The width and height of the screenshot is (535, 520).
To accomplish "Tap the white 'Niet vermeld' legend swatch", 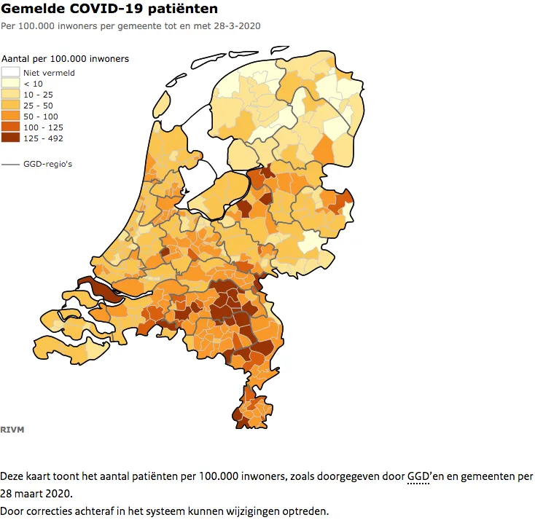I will tap(10, 72).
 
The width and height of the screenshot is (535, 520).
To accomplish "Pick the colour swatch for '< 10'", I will tap(10, 83).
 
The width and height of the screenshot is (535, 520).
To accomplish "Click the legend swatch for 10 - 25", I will tap(10, 94).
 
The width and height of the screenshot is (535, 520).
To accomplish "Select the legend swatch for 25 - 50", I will tap(10, 105).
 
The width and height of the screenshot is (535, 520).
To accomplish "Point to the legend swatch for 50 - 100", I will tap(10, 116).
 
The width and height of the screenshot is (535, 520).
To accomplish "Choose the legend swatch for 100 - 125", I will tap(10, 127).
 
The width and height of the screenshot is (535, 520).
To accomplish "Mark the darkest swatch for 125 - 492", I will tap(10, 138).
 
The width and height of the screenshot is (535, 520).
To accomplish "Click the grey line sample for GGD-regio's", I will tap(10, 164).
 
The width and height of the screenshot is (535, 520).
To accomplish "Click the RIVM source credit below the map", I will tap(12, 429).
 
